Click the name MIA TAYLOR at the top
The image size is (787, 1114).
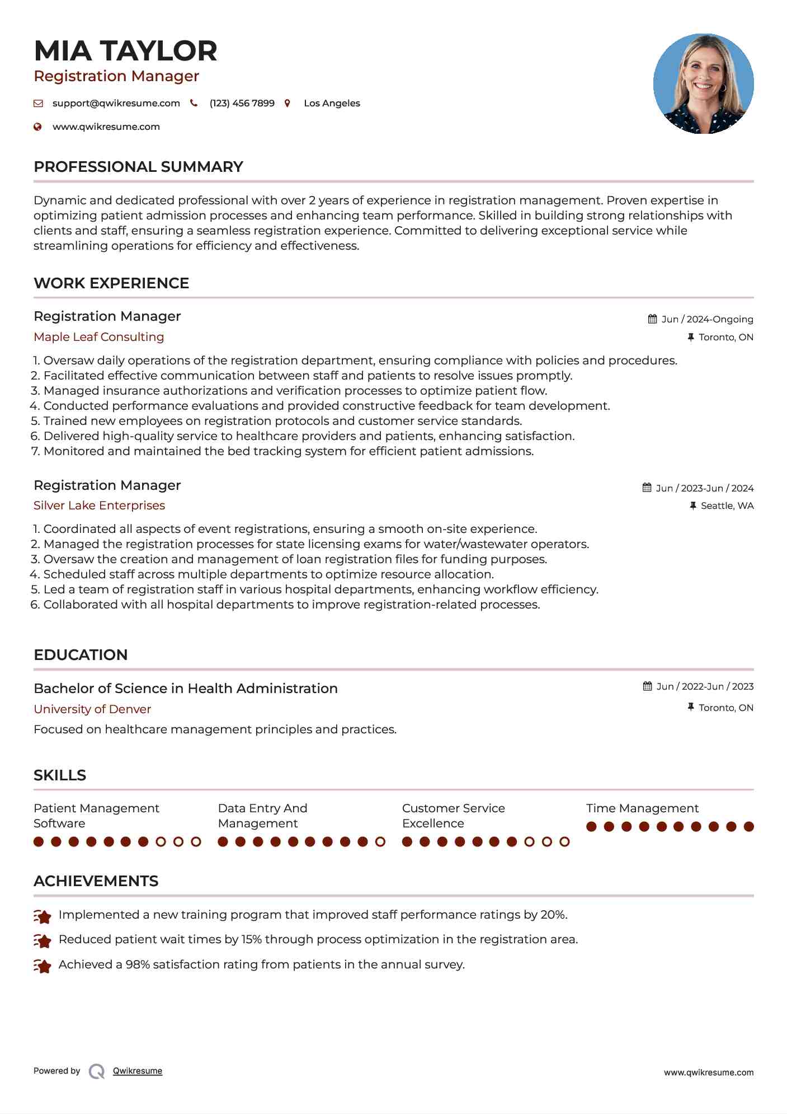coord(125,51)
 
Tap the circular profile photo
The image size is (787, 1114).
coord(703,84)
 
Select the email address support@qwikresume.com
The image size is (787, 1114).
coord(116,103)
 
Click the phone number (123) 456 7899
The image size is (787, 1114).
coord(242,103)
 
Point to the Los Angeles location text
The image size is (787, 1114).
coord(332,103)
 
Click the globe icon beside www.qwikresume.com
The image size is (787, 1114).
coord(38,127)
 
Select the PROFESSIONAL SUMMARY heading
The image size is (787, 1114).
coord(138,167)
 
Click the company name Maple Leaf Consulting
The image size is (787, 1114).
coord(98,337)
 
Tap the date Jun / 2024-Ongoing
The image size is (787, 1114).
coord(707,319)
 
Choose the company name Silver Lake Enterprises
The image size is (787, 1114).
coord(99,505)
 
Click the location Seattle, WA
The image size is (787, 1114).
coord(727,506)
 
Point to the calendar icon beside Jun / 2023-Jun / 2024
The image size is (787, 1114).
coord(647,488)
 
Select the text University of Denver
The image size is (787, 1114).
coord(92,709)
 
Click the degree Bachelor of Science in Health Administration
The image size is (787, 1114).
coord(185,689)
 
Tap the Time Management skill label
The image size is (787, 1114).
coord(642,808)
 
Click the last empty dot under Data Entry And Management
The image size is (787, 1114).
coord(380,842)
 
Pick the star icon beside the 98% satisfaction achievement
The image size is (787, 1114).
coord(43,966)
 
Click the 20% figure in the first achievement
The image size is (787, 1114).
coord(554,915)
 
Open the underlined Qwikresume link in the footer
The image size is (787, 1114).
coord(138,1071)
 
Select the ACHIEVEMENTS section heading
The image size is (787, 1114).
coord(96,881)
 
